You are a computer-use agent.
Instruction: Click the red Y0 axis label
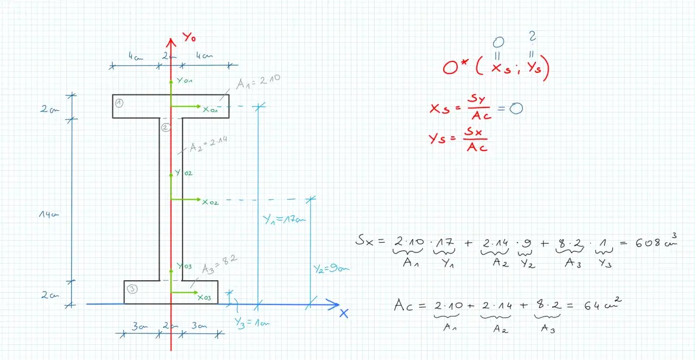(189, 37)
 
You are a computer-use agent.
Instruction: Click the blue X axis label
(343, 313)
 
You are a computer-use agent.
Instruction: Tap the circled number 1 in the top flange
(119, 103)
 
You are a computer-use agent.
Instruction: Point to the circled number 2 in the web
(166, 127)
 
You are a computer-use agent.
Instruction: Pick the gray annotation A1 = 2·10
(258, 81)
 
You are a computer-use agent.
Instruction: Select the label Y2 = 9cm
(331, 268)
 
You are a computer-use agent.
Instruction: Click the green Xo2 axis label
(210, 202)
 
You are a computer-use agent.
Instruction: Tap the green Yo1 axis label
(185, 81)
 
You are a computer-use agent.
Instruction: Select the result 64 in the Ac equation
(593, 306)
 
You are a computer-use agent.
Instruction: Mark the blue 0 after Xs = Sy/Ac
(516, 109)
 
